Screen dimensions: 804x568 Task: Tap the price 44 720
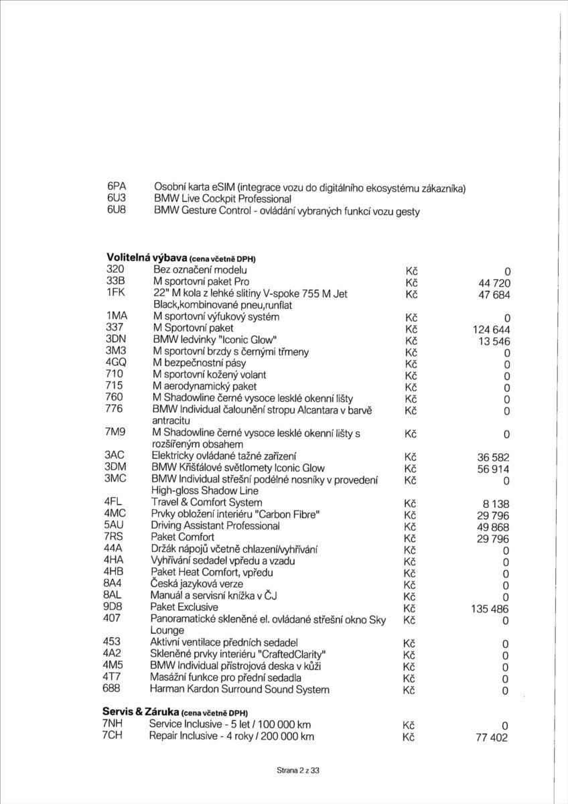(x=492, y=283)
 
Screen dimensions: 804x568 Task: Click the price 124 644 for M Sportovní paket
(x=492, y=329)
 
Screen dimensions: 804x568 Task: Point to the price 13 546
(x=494, y=340)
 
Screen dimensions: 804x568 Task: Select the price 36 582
(x=494, y=457)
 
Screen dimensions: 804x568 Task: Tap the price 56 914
(x=494, y=469)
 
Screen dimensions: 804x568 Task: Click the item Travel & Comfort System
(x=206, y=503)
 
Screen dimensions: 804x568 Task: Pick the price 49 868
(x=494, y=527)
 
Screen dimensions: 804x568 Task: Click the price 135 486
(x=490, y=609)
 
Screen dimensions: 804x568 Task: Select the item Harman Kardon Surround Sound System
(x=240, y=689)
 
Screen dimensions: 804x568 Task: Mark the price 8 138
(x=496, y=503)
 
